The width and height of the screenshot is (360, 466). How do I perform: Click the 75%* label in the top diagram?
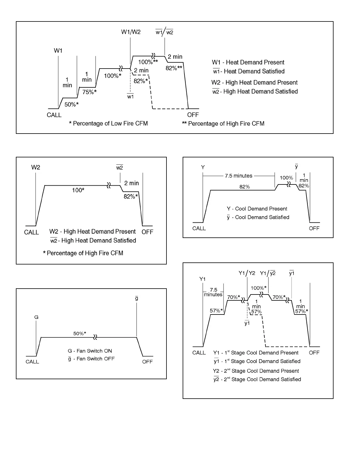89,92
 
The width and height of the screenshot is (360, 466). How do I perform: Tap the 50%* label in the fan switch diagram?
80,333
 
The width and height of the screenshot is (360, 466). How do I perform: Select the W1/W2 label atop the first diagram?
131,32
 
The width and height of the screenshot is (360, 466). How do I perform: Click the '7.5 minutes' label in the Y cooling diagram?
239,176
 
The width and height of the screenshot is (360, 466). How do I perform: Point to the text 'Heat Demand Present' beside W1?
255,62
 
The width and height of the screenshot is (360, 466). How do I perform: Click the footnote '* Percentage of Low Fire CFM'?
108,124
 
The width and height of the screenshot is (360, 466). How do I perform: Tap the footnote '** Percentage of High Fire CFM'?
223,124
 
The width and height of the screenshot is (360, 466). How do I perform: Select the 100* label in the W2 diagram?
78,190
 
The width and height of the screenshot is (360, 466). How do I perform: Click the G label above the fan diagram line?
36,317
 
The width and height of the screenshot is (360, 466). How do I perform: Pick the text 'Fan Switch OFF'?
96,359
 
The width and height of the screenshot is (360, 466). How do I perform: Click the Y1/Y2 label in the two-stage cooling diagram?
247,273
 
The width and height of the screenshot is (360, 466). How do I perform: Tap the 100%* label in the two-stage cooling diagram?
259,288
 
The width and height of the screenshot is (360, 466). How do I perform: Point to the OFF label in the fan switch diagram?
147,362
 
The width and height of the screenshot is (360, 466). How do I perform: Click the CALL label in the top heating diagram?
54,115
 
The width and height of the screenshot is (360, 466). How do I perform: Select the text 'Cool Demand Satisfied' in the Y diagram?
262,217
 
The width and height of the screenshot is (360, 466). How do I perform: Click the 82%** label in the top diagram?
174,68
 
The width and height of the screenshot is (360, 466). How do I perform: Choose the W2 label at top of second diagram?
36,167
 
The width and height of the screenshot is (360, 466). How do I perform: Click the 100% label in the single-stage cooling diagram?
286,178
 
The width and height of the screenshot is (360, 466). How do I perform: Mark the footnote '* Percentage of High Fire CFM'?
83,253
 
